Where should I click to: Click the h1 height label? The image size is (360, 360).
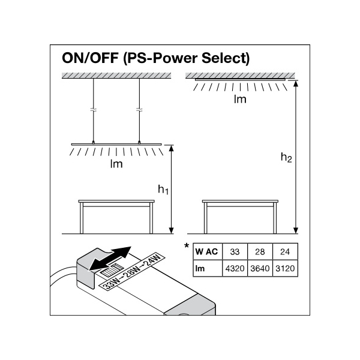pos(163,190)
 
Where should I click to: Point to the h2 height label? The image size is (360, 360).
pos(287,158)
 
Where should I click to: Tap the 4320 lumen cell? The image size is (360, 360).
pos(235,268)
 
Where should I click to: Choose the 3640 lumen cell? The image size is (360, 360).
pos(261,268)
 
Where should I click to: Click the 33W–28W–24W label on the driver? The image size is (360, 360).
pos(131,269)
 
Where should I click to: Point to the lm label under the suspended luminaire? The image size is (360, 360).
pos(116,164)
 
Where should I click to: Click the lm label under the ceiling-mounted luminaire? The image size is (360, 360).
pos(240,100)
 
